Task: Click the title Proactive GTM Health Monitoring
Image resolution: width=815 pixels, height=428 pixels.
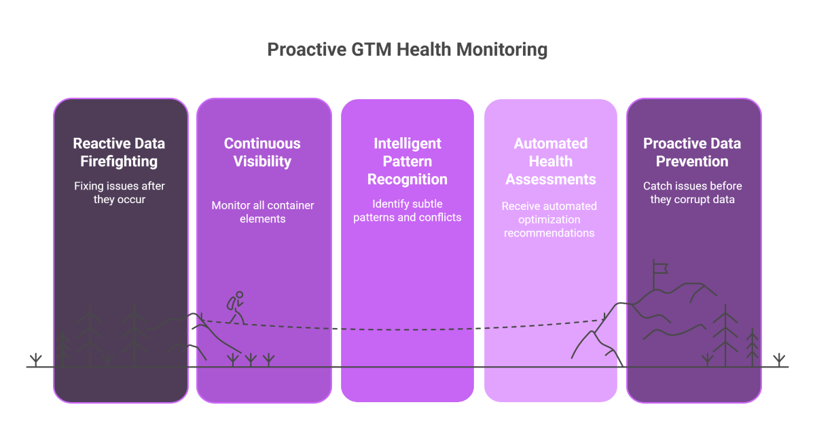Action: (x=407, y=50)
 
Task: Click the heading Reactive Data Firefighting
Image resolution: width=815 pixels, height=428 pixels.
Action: (x=119, y=152)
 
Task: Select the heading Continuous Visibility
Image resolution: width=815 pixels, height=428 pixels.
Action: (x=262, y=152)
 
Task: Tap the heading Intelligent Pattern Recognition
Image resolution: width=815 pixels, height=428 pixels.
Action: (x=407, y=161)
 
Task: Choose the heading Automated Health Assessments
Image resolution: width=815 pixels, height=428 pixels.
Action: (x=551, y=161)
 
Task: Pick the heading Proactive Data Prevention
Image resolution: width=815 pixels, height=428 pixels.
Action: (x=692, y=152)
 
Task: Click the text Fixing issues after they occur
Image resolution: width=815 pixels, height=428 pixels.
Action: (x=119, y=193)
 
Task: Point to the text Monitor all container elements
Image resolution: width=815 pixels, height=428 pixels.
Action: (x=262, y=212)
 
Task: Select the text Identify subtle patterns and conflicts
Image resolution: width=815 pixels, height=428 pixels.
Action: (x=407, y=211)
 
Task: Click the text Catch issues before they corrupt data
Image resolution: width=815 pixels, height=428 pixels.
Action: (x=692, y=193)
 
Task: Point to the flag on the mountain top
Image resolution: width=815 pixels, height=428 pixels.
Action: (x=660, y=268)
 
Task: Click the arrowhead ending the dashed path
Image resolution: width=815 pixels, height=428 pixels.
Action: (x=603, y=318)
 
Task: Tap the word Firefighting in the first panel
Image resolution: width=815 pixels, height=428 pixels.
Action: (x=119, y=162)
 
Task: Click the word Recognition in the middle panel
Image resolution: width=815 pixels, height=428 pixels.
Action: (x=407, y=179)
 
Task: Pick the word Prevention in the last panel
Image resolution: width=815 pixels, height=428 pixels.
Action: (x=692, y=162)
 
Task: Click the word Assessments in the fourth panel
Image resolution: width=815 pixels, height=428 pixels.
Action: (x=551, y=179)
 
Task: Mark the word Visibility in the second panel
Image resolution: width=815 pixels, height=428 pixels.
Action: (x=262, y=162)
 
